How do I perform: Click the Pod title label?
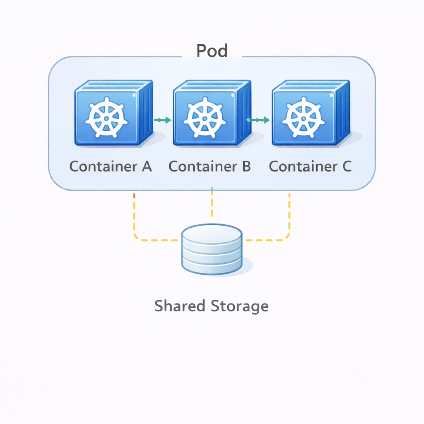[212, 51]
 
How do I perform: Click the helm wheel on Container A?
[106, 118]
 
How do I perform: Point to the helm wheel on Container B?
[205, 118]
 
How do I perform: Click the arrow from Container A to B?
[162, 120]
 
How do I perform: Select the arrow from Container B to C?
[258, 120]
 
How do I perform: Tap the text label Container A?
[111, 166]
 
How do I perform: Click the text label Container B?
[210, 166]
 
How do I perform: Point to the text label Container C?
[310, 166]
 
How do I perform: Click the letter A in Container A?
[147, 166]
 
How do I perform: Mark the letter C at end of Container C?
[346, 166]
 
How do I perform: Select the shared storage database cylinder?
[212, 249]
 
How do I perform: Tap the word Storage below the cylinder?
[240, 306]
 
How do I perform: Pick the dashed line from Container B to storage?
[212, 205]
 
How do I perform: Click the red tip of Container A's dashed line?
[134, 195]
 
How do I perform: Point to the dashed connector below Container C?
[289, 215]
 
